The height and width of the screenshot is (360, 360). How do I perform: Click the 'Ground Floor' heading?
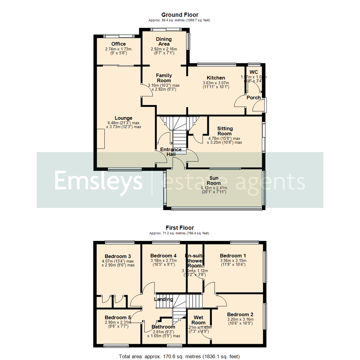(180, 15)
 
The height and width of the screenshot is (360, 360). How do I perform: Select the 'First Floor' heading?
(180, 228)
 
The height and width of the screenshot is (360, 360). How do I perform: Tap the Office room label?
(118, 44)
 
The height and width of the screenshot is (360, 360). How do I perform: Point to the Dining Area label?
(164, 41)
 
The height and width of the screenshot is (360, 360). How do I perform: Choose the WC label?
(254, 72)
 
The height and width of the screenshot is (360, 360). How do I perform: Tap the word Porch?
(253, 98)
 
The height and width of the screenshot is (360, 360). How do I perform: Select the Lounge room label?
(124, 118)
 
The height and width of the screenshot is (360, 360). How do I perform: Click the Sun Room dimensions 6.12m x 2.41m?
(214, 188)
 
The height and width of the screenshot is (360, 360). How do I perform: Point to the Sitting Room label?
(225, 131)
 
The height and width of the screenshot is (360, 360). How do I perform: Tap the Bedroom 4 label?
(163, 256)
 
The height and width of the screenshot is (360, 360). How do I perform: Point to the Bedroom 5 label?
(115, 317)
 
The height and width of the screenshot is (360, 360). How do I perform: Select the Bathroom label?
(163, 327)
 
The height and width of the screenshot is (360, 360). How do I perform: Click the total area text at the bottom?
(179, 356)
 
